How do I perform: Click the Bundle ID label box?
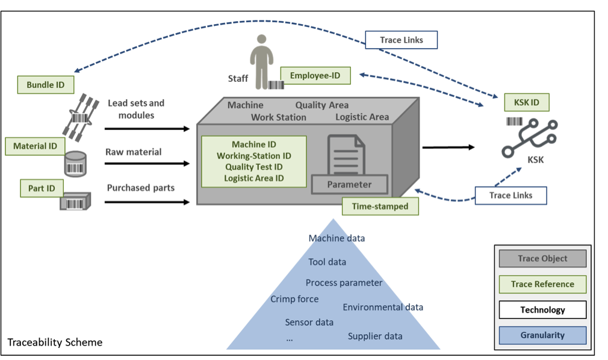click(x=46, y=85)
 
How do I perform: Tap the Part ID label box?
click(x=42, y=188)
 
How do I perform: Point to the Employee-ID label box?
click(x=315, y=75)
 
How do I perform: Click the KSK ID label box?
click(x=526, y=102)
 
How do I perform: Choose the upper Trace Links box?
click(x=402, y=40)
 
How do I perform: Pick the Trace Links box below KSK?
click(x=511, y=196)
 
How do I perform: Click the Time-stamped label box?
click(x=380, y=206)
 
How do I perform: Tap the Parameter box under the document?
click(x=350, y=184)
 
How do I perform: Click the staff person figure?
click(x=261, y=61)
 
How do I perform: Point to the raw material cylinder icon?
click(x=75, y=162)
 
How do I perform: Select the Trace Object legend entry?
click(x=542, y=258)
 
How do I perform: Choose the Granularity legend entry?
click(x=542, y=335)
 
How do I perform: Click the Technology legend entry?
click(x=542, y=310)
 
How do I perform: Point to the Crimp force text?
click(x=294, y=299)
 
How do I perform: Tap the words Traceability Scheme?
click(x=55, y=343)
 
